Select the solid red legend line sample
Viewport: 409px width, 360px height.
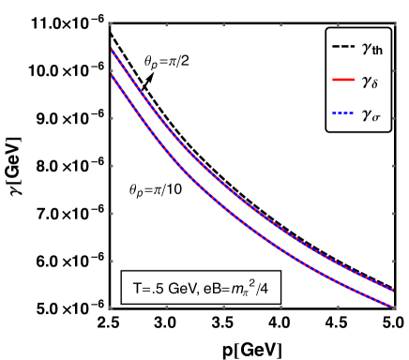pos(342,80)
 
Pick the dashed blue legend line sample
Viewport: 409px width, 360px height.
pos(342,113)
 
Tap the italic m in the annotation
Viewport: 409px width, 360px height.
pos(237,292)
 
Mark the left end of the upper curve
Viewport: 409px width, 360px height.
pos(112,50)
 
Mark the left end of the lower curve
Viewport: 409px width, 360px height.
pos(112,76)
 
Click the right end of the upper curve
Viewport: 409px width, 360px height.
pos(392,290)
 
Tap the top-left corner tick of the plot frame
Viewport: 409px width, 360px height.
pos(111,22)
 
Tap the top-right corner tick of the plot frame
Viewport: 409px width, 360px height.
pos(392,22)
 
